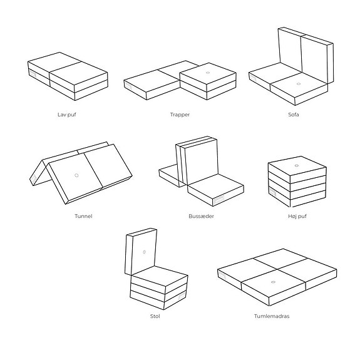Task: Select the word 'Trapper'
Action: point(180,115)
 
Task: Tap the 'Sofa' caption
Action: point(294,115)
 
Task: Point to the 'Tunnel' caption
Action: point(83,216)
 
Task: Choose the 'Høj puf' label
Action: point(297,216)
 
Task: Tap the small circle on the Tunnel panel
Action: point(76,175)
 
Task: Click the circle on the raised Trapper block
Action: point(207,72)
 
